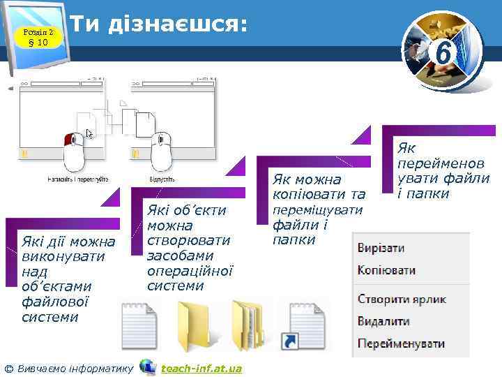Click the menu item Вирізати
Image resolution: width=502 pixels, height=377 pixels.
click(381, 249)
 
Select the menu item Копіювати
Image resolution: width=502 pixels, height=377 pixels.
click(386, 270)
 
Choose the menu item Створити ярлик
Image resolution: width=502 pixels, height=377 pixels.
click(402, 300)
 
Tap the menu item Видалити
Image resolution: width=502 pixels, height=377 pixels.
click(383, 322)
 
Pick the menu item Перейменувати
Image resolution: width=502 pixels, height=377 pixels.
click(401, 344)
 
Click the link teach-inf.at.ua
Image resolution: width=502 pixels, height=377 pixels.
click(201, 368)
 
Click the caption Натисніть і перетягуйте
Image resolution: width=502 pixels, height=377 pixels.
click(77, 180)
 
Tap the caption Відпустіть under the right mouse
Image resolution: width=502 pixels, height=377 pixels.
click(161, 180)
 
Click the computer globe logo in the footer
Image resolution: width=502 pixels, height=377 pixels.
click(148, 367)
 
